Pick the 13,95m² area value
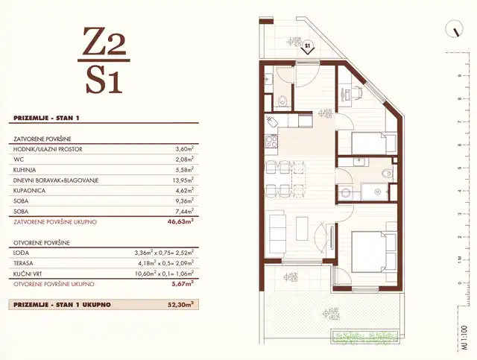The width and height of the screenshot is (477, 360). (182, 180)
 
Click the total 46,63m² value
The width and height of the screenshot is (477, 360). (181, 222)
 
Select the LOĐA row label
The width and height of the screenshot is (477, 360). (22, 252)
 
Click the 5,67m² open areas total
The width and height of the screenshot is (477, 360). (183, 283)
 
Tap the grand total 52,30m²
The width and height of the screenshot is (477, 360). (181, 304)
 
